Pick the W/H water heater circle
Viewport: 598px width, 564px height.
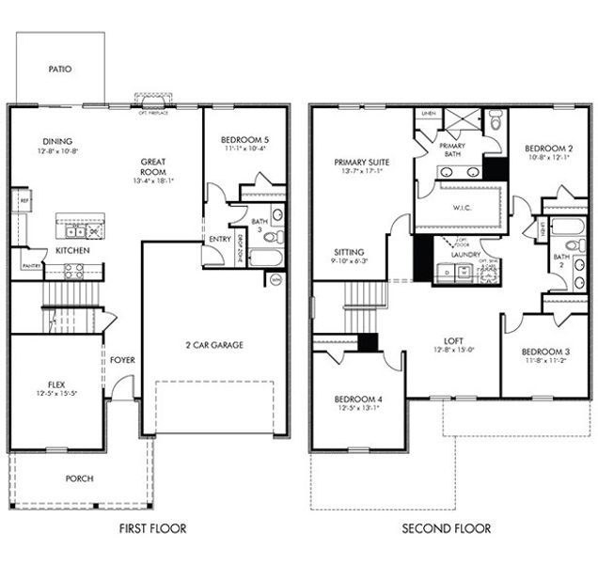pos(275,279)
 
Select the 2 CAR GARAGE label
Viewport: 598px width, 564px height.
pos(213,345)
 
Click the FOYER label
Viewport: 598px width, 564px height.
pos(122,360)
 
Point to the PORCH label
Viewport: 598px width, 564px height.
pos(79,478)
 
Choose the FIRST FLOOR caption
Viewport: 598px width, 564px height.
pos(152,528)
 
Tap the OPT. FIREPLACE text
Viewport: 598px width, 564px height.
pos(153,113)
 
